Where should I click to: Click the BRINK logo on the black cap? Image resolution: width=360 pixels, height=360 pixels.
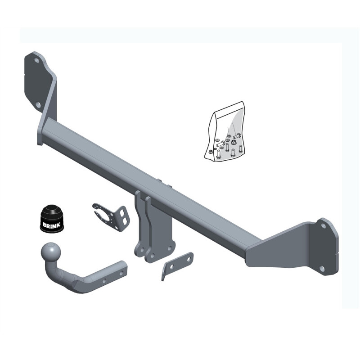point(51,225)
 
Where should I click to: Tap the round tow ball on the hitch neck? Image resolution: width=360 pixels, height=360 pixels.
point(51,252)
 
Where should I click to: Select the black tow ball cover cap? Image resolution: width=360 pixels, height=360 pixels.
point(52,218)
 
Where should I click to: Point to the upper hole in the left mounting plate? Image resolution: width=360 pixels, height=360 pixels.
point(36,60)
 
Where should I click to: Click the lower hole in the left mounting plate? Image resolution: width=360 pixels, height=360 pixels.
point(38,105)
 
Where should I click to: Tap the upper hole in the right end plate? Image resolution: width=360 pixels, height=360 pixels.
point(323,226)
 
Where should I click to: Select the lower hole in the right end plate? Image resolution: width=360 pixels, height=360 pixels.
point(322,268)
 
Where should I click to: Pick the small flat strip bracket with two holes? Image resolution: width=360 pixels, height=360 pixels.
point(177,265)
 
